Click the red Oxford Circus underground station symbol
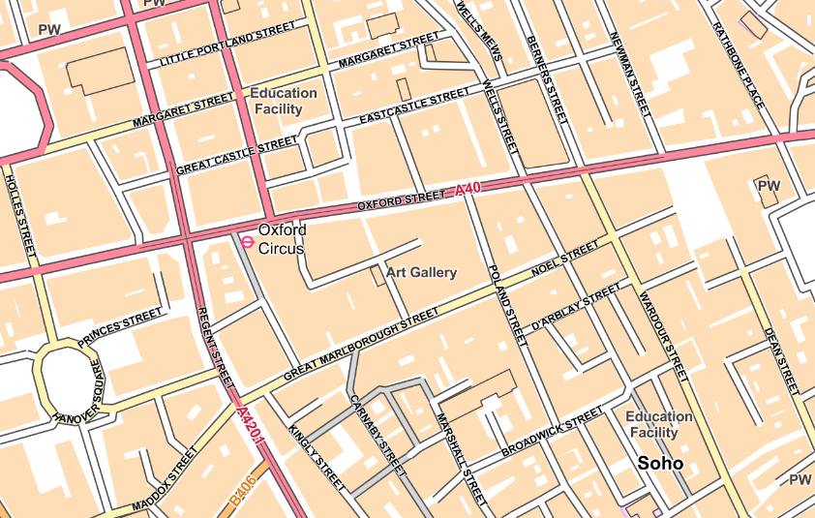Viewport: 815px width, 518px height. click(248, 241)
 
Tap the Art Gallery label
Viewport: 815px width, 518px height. click(421, 273)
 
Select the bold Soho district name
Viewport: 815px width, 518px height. click(660, 464)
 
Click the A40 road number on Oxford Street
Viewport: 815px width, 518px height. click(468, 190)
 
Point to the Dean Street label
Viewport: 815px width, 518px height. click(781, 359)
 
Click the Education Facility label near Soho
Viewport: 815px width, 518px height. click(658, 424)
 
